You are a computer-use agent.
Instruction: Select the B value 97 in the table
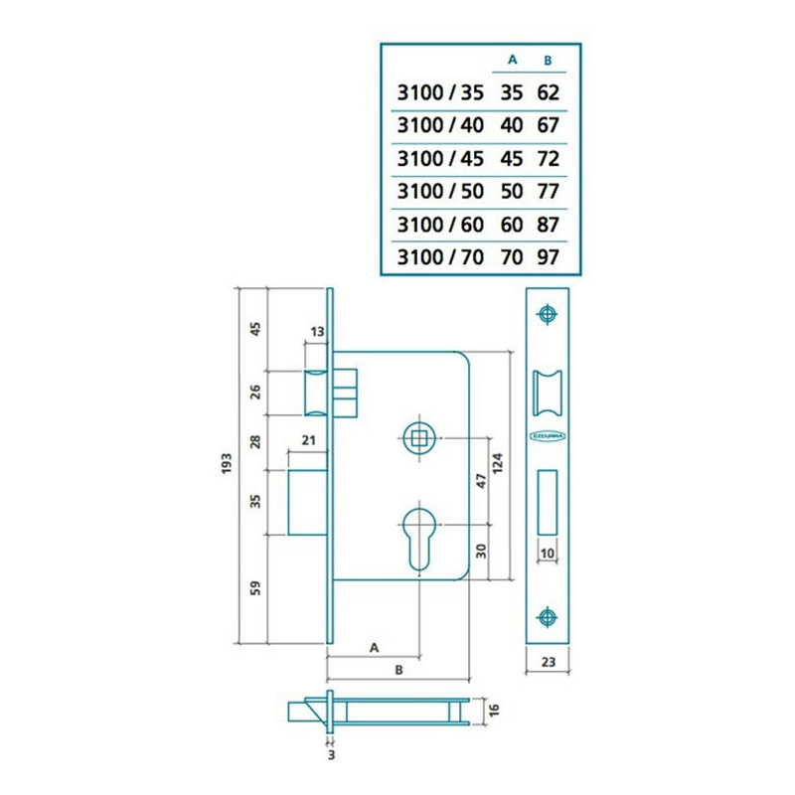coord(548,256)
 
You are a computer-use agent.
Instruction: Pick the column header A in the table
coord(513,60)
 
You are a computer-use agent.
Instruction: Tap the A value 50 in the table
coord(513,191)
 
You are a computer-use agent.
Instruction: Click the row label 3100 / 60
coord(439,224)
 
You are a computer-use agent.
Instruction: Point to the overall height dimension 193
coord(228,464)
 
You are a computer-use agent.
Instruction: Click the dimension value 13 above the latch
coord(318,331)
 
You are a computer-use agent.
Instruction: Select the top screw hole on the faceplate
coord(547,314)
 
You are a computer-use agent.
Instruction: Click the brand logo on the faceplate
coord(547,436)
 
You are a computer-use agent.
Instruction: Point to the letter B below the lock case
coord(397,671)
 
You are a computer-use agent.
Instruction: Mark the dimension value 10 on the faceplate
coord(547,553)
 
